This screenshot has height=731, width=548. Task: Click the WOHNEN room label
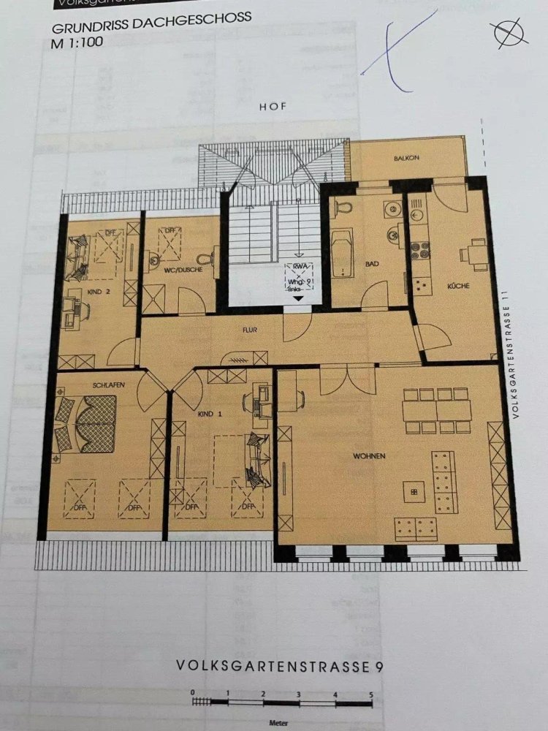[369, 456]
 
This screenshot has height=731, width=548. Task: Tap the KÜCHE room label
[459, 286]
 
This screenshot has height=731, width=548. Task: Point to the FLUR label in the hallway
[251, 330]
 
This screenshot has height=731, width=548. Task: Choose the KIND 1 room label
[209, 414]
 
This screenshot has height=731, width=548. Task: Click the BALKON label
[406, 158]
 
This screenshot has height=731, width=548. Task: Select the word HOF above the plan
[273, 107]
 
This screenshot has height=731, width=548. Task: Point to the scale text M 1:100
[77, 42]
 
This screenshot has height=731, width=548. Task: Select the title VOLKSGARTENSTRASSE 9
[278, 666]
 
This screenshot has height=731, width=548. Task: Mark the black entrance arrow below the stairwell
[297, 309]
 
